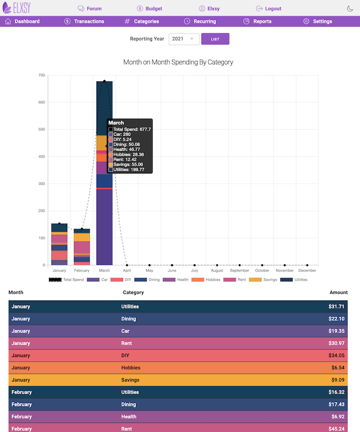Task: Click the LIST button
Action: point(215,39)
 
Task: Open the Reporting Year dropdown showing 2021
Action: point(184,39)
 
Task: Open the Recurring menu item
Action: point(200,21)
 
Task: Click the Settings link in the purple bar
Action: point(317,21)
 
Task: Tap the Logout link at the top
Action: point(269,8)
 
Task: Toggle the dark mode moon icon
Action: point(350,8)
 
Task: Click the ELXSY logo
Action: point(20,8)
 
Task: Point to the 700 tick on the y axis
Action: point(41,75)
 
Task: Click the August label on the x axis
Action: point(217,271)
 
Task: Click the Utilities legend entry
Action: point(294,280)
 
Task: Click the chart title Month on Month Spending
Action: point(178,62)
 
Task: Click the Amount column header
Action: point(338,292)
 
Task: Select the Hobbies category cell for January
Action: point(130,368)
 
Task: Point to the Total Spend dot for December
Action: point(307,265)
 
